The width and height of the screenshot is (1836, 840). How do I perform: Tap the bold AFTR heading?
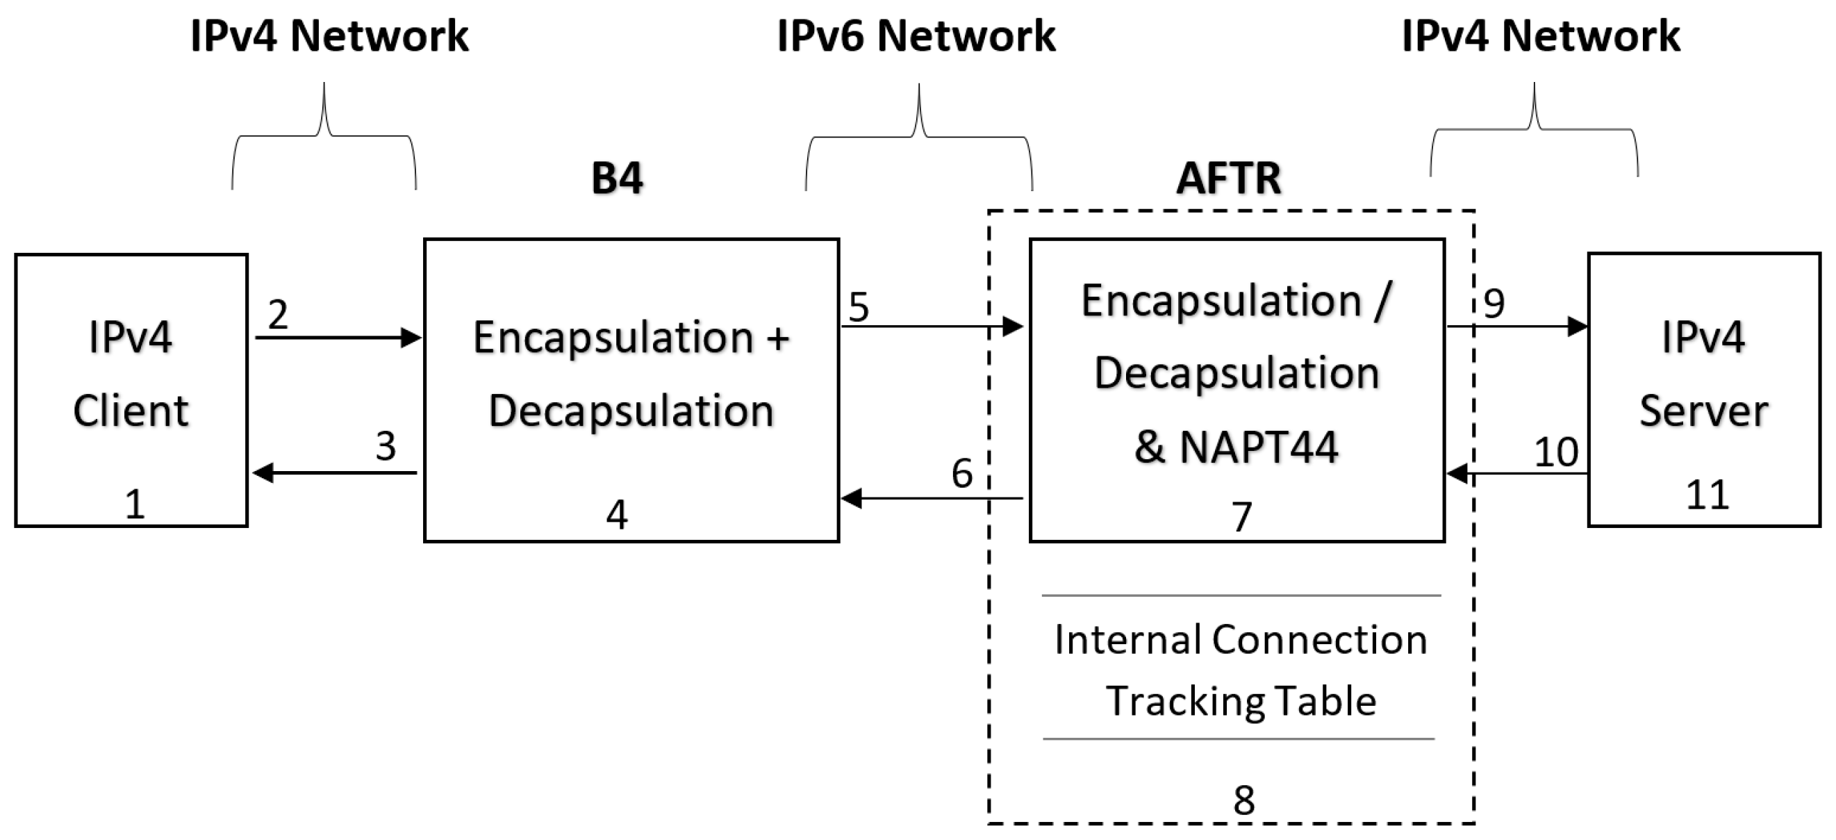pos(1228,179)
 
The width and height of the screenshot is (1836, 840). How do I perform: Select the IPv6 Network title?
pos(916,35)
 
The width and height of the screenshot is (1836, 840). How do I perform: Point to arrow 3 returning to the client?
pos(335,472)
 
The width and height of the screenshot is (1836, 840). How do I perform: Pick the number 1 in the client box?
pos(135,504)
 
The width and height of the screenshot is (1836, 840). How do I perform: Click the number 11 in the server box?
pos(1707,494)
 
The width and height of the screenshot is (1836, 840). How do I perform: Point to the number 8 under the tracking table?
pos(1243,800)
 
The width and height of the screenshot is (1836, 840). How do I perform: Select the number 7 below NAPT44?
pos(1241,516)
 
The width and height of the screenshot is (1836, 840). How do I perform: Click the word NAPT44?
pos(1259,448)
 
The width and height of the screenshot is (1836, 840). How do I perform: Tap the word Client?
pos(131,411)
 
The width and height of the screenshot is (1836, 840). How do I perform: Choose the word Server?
pos(1703,411)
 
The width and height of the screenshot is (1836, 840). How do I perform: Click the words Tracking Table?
pos(1241,701)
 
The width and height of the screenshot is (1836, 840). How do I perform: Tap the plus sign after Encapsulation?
pos(778,337)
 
